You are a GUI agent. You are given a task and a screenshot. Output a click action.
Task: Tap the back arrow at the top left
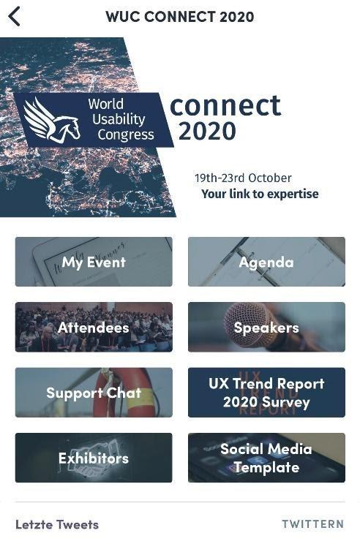(14, 16)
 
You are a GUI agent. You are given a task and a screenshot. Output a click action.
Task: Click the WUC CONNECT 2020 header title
(180, 17)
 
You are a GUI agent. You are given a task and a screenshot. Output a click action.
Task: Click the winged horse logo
(52, 121)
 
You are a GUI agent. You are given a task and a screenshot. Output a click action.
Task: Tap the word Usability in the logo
(119, 119)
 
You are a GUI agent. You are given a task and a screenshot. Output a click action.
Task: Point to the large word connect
(225, 105)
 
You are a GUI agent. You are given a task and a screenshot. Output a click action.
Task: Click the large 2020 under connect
(207, 131)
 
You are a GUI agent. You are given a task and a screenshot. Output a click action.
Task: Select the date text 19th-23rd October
(243, 178)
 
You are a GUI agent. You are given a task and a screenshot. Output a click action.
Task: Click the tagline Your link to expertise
(260, 194)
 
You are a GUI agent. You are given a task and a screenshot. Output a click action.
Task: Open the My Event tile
(94, 262)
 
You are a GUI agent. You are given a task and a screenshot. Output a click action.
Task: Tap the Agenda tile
(266, 262)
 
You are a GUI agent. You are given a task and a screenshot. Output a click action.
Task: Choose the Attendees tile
(94, 327)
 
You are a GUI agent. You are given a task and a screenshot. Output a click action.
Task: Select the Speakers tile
(266, 327)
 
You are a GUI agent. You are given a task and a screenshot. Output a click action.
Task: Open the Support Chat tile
(94, 393)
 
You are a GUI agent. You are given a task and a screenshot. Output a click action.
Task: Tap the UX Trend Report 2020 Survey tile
(266, 393)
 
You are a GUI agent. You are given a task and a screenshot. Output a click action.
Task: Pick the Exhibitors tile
(94, 458)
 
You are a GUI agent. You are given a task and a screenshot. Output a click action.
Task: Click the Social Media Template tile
(266, 458)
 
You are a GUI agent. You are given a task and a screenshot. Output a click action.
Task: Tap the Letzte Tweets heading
(57, 524)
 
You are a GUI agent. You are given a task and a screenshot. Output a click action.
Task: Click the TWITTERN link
(312, 524)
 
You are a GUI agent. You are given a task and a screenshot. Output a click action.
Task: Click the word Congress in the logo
(126, 135)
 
